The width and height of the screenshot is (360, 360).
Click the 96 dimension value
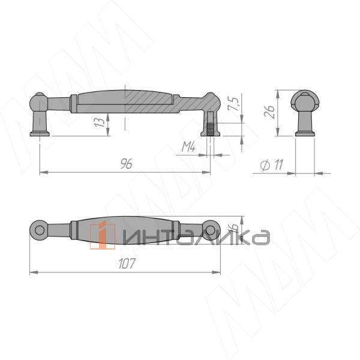click(126, 164)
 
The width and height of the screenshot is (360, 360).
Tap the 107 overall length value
click(127, 263)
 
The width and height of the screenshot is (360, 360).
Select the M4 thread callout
click(188, 147)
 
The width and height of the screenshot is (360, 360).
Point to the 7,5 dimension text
click(234, 104)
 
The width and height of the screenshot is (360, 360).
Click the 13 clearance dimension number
click(100, 123)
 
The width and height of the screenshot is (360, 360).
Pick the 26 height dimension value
click(269, 112)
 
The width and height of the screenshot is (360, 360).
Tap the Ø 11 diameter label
click(272, 165)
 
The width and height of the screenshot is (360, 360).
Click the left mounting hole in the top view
click(40, 230)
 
